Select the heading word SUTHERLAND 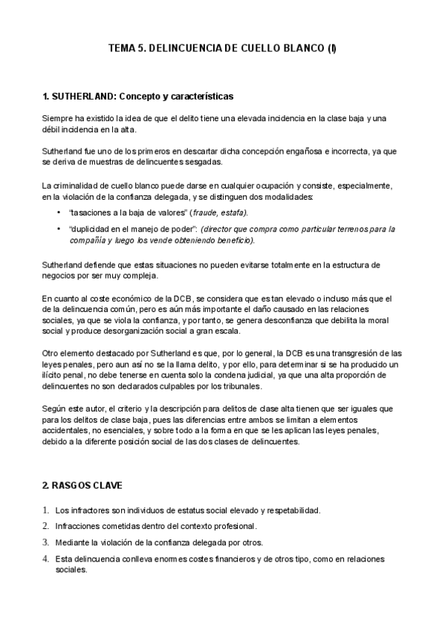pos(79,97)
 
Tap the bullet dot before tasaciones pos(59,212)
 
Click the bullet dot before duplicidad pos(59,229)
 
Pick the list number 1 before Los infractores pos(46,510)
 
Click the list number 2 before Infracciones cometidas pos(46,527)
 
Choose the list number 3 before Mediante pos(46,542)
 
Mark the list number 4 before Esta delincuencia pos(46,559)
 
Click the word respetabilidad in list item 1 pos(290,510)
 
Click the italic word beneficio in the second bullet pos(233,240)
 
